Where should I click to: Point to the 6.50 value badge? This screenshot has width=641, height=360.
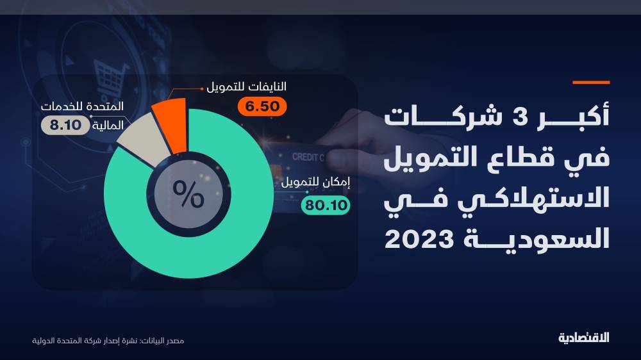coord(260,106)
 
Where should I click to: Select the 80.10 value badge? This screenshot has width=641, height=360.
coord(326,205)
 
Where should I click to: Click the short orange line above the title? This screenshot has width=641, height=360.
coord(590,83)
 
